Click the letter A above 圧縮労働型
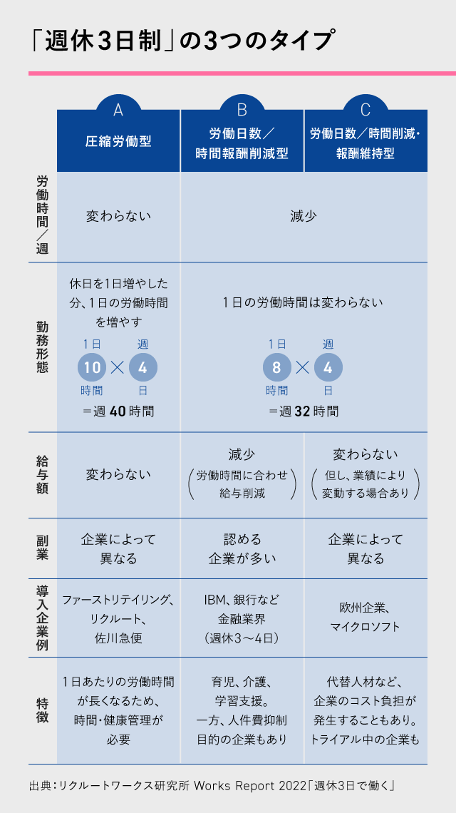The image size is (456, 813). [x=118, y=109]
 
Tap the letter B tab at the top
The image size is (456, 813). [x=242, y=109]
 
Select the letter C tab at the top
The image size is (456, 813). [x=366, y=109]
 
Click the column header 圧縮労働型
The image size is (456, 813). [x=118, y=141]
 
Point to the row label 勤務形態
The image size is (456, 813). [x=43, y=347]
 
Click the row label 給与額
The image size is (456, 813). [x=43, y=474]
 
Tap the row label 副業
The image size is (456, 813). [x=43, y=548]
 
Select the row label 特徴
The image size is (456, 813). [x=43, y=710]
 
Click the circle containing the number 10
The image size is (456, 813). [x=92, y=367]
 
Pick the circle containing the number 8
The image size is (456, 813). [x=276, y=367]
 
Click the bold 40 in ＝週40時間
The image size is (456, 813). [x=118, y=411]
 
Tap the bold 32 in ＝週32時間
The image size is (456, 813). [x=303, y=411]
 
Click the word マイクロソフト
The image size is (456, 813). [x=366, y=626]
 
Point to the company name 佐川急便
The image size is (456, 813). [x=118, y=638]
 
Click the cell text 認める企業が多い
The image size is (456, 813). [x=242, y=548]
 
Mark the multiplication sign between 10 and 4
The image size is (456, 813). [x=118, y=367]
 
